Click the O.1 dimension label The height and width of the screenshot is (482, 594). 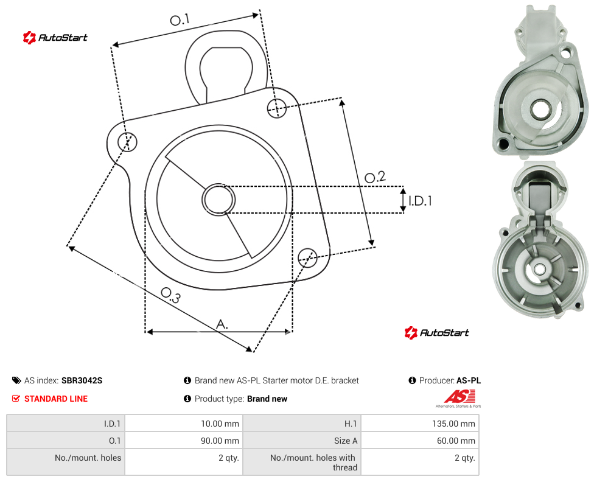coord(180,19)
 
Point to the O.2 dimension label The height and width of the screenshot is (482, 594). coord(375,176)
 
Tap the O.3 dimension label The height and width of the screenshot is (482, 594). coord(170,295)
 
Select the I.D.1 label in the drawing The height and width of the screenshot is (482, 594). coord(420,200)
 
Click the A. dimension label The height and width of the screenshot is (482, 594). coord(222,324)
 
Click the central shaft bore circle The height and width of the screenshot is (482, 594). coord(218,200)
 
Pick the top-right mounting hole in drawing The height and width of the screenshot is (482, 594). coord(277,108)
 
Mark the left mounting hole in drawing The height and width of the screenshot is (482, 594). coord(127,142)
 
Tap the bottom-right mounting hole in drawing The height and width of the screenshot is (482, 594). coord(307,257)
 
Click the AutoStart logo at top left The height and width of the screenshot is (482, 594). coord(55,38)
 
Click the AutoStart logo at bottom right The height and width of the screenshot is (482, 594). coord(436,333)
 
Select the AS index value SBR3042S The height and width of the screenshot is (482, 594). coord(82,380)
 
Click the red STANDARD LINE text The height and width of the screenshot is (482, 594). coord(56,399)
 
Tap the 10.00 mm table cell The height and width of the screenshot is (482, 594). coord(220,424)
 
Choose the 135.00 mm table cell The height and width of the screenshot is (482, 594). coord(453,424)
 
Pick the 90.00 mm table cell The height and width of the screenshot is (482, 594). coord(220,441)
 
